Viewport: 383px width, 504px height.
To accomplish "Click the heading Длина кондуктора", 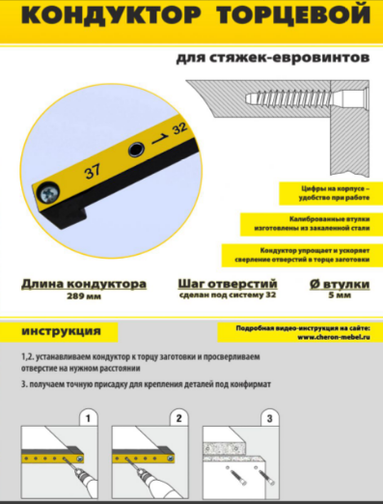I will pos(84,285).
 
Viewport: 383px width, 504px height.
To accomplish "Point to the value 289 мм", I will pos(84,298).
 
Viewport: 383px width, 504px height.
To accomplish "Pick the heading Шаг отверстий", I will pos(229,285).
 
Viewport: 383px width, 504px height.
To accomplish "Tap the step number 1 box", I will pos(89,418).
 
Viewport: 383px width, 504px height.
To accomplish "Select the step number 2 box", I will pos(178,418).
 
